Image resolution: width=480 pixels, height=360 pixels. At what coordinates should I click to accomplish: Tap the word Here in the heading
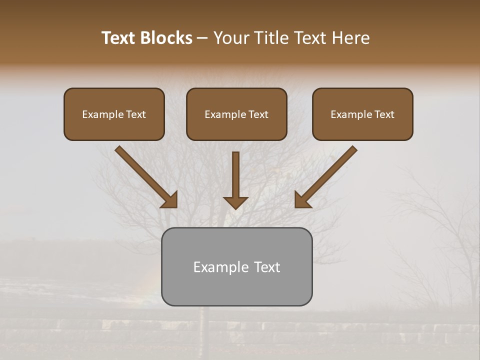(x=350, y=38)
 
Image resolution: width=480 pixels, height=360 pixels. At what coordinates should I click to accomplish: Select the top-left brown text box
(x=114, y=114)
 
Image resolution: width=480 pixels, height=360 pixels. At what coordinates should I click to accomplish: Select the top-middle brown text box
(x=236, y=114)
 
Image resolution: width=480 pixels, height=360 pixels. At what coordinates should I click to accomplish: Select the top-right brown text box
(x=362, y=114)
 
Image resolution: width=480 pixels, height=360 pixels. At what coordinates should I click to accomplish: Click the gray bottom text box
(x=236, y=266)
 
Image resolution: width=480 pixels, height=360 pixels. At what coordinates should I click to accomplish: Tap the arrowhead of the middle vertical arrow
(x=235, y=202)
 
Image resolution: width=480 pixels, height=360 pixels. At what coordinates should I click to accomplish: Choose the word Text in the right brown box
(x=384, y=114)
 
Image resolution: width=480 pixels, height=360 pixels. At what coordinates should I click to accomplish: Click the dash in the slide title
(x=203, y=38)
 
